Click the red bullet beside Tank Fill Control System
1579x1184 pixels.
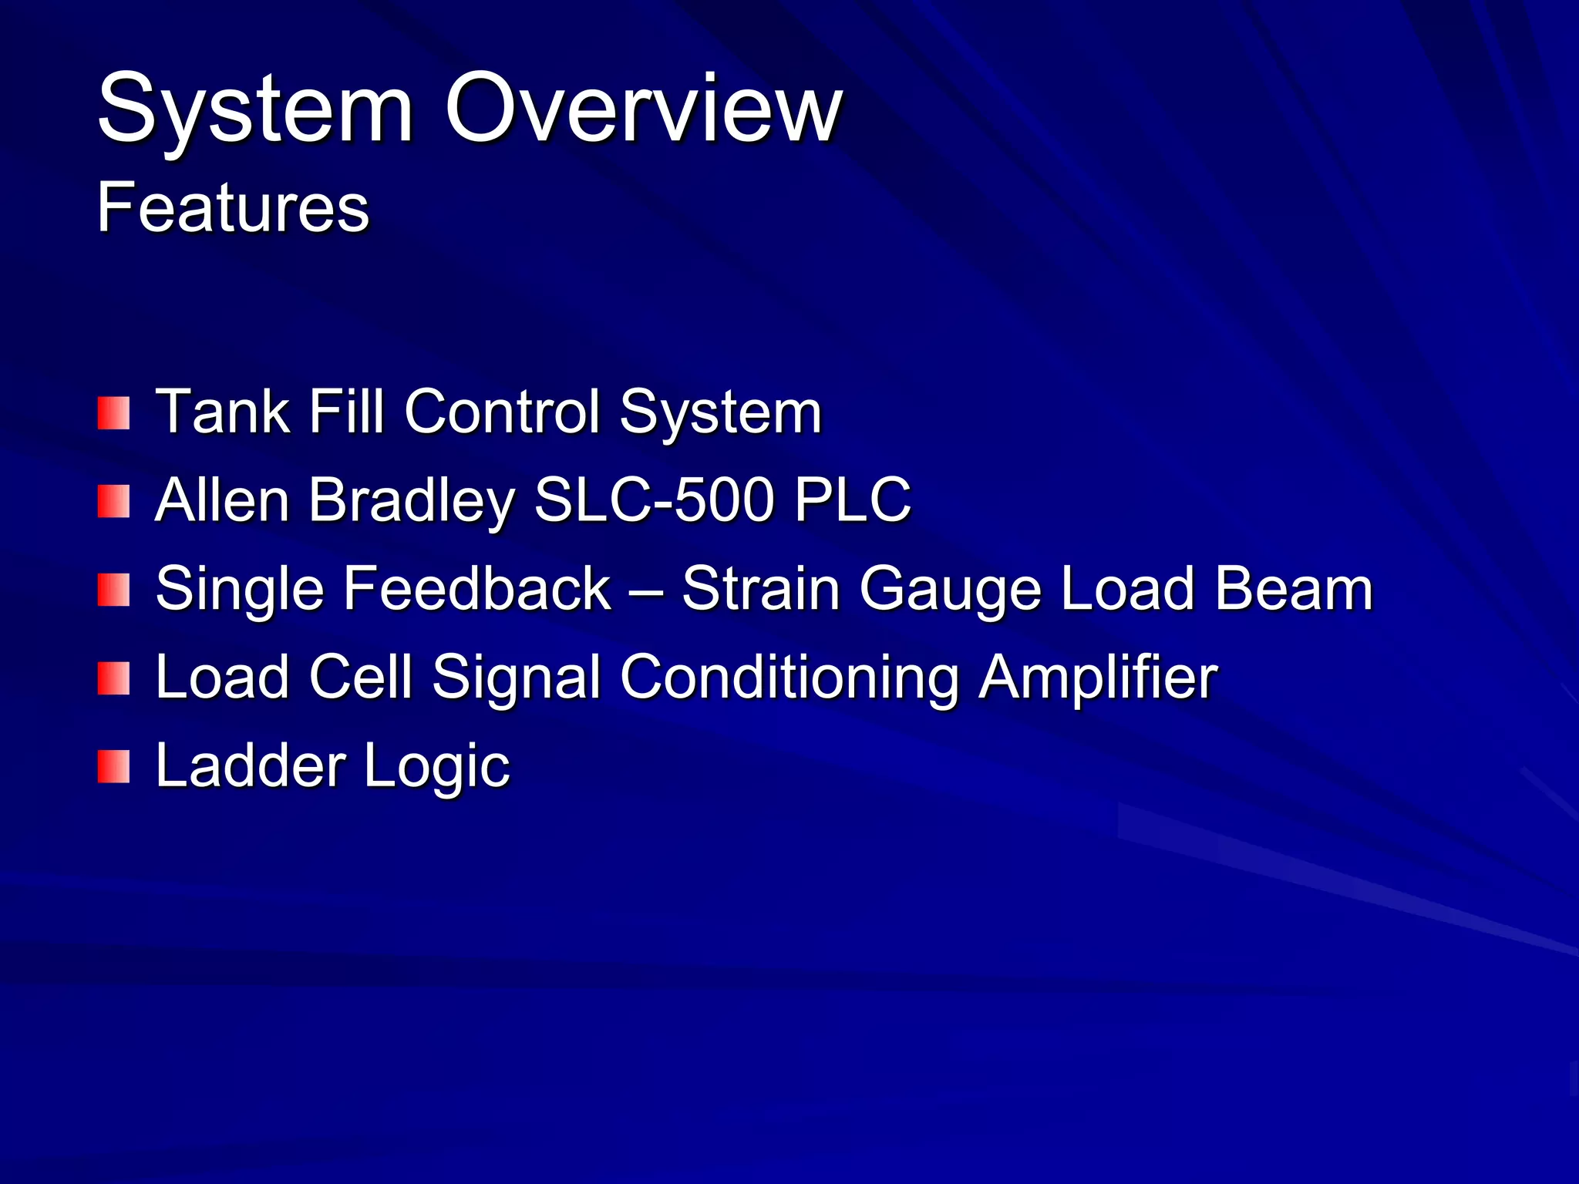click(113, 413)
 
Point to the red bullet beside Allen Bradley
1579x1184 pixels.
click(113, 501)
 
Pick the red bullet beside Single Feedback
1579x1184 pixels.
click(113, 590)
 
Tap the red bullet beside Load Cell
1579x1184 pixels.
click(113, 678)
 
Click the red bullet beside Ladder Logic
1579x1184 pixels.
click(113, 767)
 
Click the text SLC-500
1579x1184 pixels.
click(654, 499)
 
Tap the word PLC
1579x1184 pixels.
click(852, 499)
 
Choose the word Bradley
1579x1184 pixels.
click(411, 501)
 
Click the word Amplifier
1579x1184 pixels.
click(1098, 678)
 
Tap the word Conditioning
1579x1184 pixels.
click(789, 678)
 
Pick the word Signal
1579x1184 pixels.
click(516, 678)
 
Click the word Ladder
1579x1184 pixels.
click(251, 765)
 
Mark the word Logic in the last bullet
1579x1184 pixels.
click(436, 767)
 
